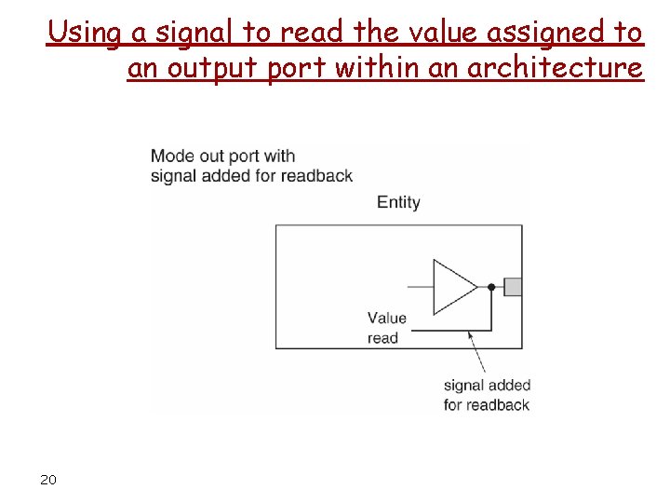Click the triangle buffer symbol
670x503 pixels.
pos(452,286)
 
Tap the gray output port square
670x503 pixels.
pos(513,286)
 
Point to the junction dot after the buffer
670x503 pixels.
pos(491,287)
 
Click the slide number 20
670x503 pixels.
pos(48,480)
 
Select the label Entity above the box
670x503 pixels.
pos(398,202)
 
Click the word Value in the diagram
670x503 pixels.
pos(387,319)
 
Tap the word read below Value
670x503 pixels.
pos(382,338)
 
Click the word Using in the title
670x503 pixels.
pos(85,33)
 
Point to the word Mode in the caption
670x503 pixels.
pos(171,156)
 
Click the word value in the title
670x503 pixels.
pos(449,33)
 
